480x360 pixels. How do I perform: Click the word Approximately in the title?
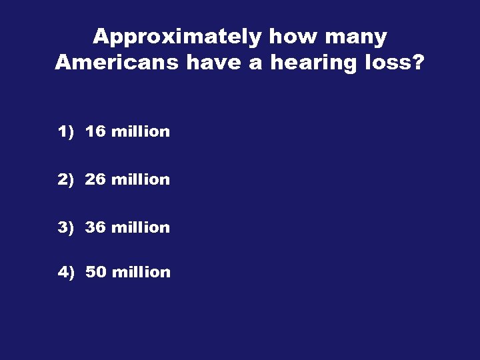(177, 37)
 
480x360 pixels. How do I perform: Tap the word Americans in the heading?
(117, 63)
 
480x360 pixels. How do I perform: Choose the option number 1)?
(65, 132)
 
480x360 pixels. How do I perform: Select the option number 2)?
(65, 180)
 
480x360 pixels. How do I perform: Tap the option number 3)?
(65, 228)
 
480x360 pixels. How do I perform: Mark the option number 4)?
(65, 273)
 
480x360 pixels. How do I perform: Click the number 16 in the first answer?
(95, 132)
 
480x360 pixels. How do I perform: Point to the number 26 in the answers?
(95, 180)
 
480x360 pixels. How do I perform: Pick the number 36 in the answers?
(95, 228)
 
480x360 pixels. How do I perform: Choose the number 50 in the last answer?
(96, 273)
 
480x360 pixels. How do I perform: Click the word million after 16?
(141, 132)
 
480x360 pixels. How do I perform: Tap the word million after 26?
(141, 180)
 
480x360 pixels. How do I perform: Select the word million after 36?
(141, 228)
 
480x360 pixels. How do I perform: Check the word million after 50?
(141, 273)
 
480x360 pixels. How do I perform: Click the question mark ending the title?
(419, 63)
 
